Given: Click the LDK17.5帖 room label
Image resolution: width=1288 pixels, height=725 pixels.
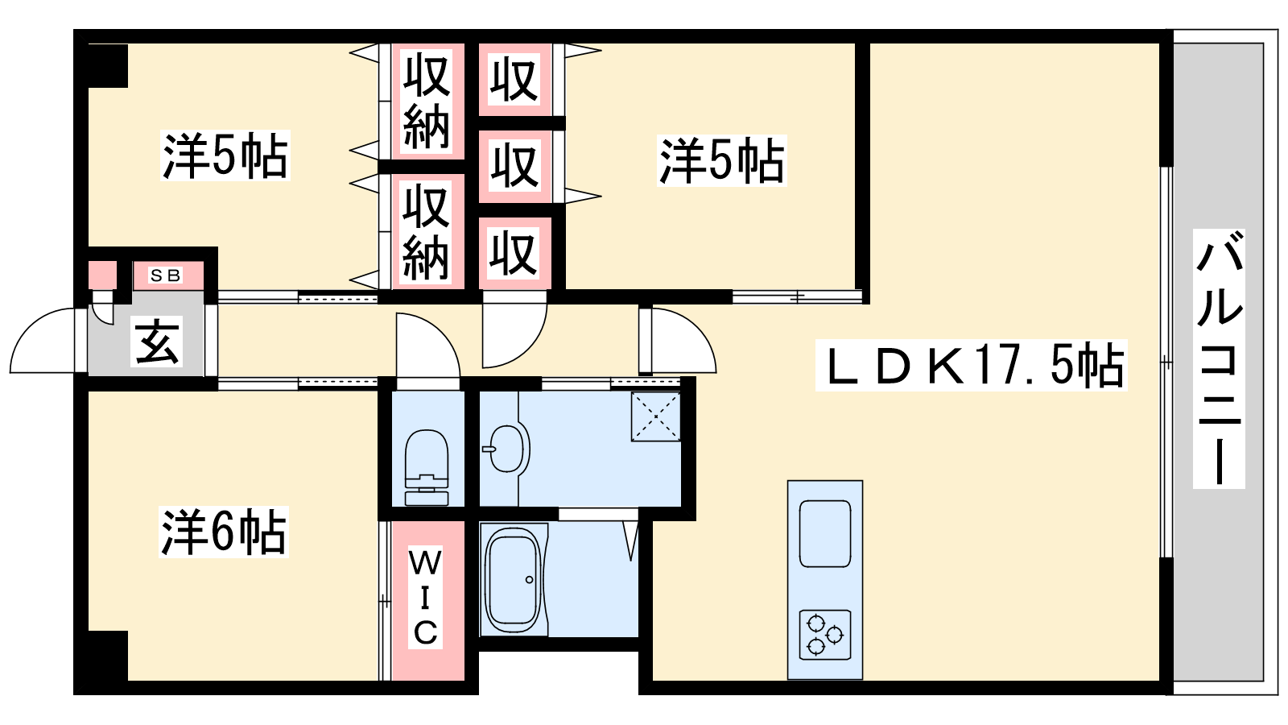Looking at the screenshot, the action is [971, 366].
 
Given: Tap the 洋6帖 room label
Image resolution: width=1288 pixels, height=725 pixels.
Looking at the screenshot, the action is [224, 532].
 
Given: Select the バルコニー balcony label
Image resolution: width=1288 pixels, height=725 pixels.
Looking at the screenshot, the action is [1219, 358].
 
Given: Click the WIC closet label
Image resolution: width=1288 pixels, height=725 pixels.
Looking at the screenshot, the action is [426, 599].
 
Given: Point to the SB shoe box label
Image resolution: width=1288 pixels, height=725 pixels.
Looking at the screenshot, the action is [166, 275].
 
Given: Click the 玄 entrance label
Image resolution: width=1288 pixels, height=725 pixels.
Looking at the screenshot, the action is [158, 342].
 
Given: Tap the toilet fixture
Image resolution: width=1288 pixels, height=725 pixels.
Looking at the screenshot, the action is [427, 467].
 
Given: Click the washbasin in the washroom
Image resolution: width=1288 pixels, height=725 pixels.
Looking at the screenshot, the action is [506, 449].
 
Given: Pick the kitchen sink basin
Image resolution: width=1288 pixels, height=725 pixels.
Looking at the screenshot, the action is [825, 533].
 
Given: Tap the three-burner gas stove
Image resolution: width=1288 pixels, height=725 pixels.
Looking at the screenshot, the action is [825, 635].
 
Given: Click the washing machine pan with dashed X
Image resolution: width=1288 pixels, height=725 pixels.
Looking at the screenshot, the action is [656, 416].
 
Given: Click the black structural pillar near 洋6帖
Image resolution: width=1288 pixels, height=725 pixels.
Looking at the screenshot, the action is [108, 656].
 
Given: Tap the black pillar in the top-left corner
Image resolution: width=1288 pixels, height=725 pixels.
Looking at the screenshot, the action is [108, 65].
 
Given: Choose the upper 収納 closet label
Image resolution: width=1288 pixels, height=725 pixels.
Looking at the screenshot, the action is [426, 101].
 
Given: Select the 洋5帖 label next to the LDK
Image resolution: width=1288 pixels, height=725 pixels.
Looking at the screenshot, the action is [722, 160].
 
